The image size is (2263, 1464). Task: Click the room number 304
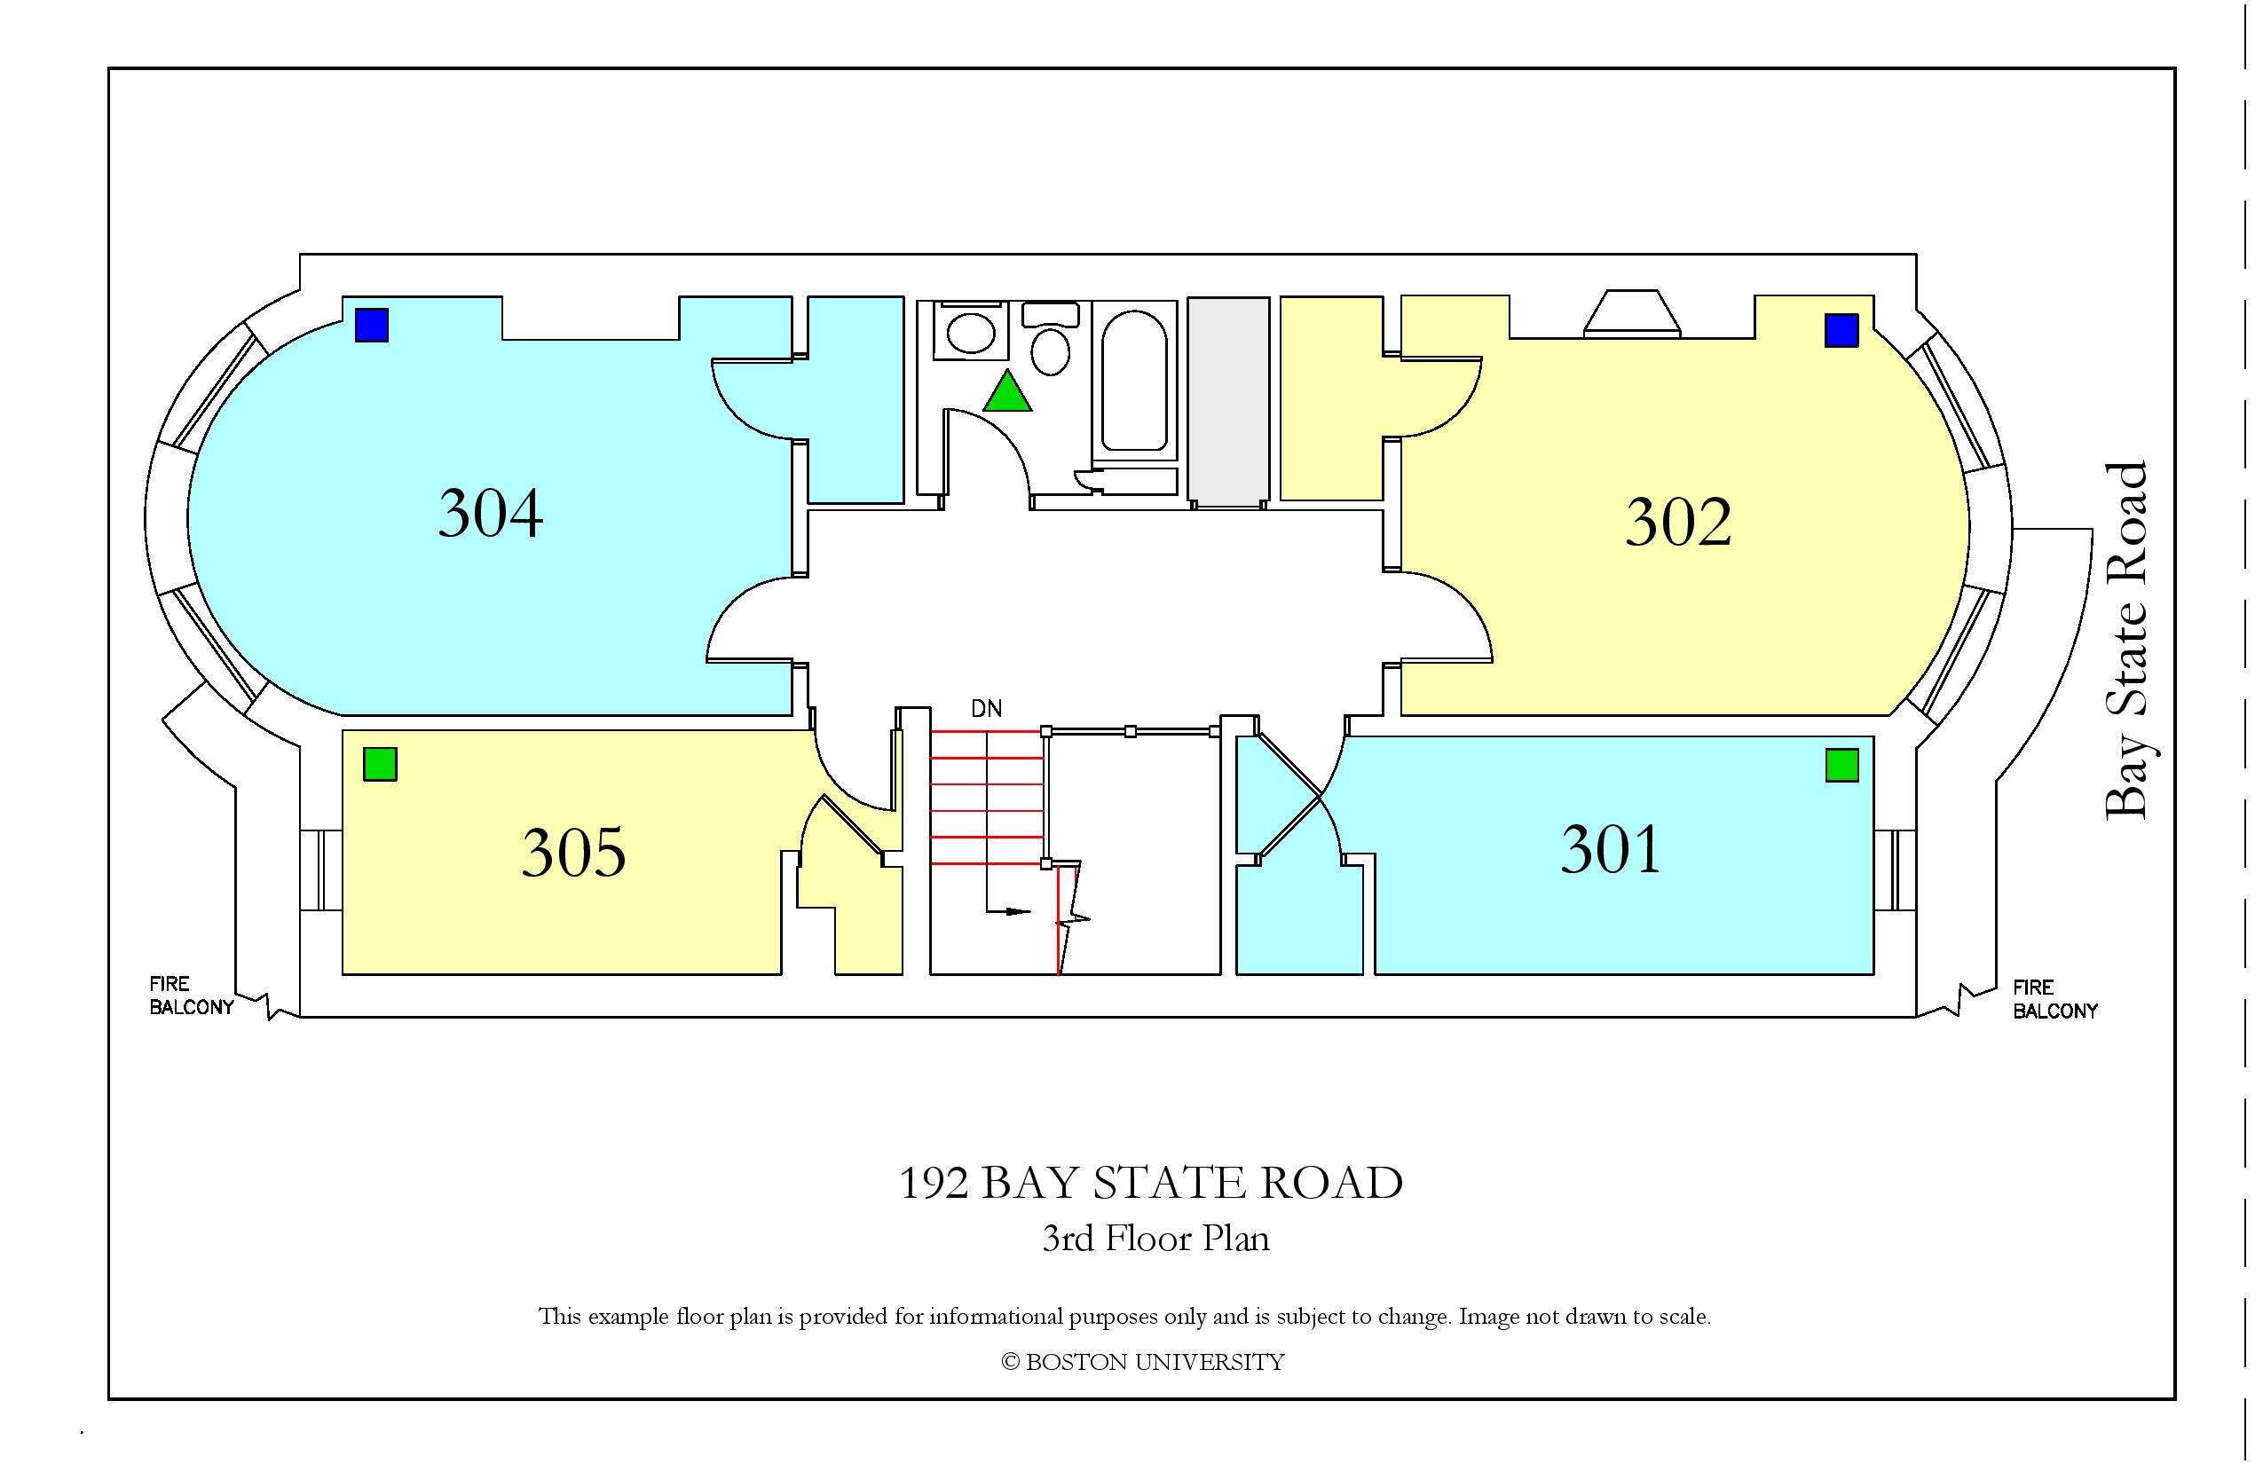tap(491, 514)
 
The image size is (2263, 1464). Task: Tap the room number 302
tap(1678, 522)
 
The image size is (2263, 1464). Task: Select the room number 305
tap(573, 851)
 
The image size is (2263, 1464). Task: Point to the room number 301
tap(1611, 849)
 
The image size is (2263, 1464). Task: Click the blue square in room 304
tap(372, 325)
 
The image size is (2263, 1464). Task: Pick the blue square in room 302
tap(1841, 331)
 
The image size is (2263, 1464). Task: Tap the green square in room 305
tap(381, 764)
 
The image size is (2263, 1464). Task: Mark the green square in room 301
tap(1842, 765)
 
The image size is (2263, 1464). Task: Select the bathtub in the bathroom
tap(1134, 382)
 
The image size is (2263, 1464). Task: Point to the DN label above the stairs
tap(986, 708)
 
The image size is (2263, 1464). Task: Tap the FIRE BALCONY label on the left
tap(191, 996)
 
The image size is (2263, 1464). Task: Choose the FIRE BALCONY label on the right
tap(2054, 999)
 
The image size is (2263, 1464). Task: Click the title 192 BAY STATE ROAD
tap(1150, 1183)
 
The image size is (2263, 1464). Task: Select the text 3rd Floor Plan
tap(1155, 1239)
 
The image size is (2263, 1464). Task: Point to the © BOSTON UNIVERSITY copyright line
tap(1143, 1362)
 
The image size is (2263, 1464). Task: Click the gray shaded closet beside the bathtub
tap(1228, 402)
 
